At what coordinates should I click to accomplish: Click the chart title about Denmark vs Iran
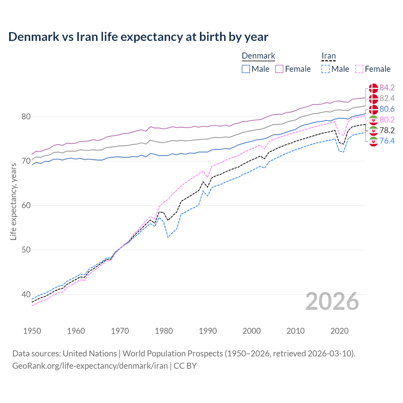(138, 37)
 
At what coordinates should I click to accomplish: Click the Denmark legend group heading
(258, 56)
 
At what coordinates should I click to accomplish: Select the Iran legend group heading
(328, 56)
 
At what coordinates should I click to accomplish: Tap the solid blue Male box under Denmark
(246, 69)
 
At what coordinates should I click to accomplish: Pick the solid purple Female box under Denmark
(279, 69)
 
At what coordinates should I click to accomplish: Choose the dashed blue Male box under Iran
(326, 69)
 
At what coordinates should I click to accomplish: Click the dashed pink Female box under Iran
(359, 69)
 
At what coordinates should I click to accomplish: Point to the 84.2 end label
(387, 88)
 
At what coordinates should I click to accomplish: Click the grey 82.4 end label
(387, 98)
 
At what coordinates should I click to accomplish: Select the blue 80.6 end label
(387, 109)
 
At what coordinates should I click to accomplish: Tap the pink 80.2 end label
(387, 120)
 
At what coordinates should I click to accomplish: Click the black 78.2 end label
(387, 130)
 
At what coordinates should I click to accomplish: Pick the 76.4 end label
(387, 141)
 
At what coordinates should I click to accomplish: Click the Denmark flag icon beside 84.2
(373, 88)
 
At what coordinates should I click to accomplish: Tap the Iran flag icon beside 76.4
(373, 141)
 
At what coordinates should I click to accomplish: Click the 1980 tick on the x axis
(164, 331)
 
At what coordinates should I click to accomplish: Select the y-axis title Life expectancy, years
(13, 201)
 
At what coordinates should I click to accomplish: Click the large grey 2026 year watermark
(332, 301)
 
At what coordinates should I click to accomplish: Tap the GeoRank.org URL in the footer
(90, 366)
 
